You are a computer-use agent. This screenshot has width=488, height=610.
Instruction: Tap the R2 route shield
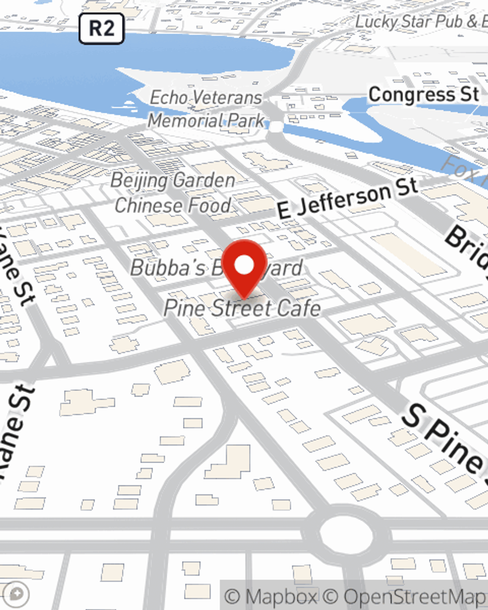click(x=102, y=28)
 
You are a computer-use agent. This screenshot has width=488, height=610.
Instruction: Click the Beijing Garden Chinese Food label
click(x=173, y=193)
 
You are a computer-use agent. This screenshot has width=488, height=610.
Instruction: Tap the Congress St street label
click(x=424, y=94)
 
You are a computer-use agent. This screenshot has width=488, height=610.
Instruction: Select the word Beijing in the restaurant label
click(x=139, y=181)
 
